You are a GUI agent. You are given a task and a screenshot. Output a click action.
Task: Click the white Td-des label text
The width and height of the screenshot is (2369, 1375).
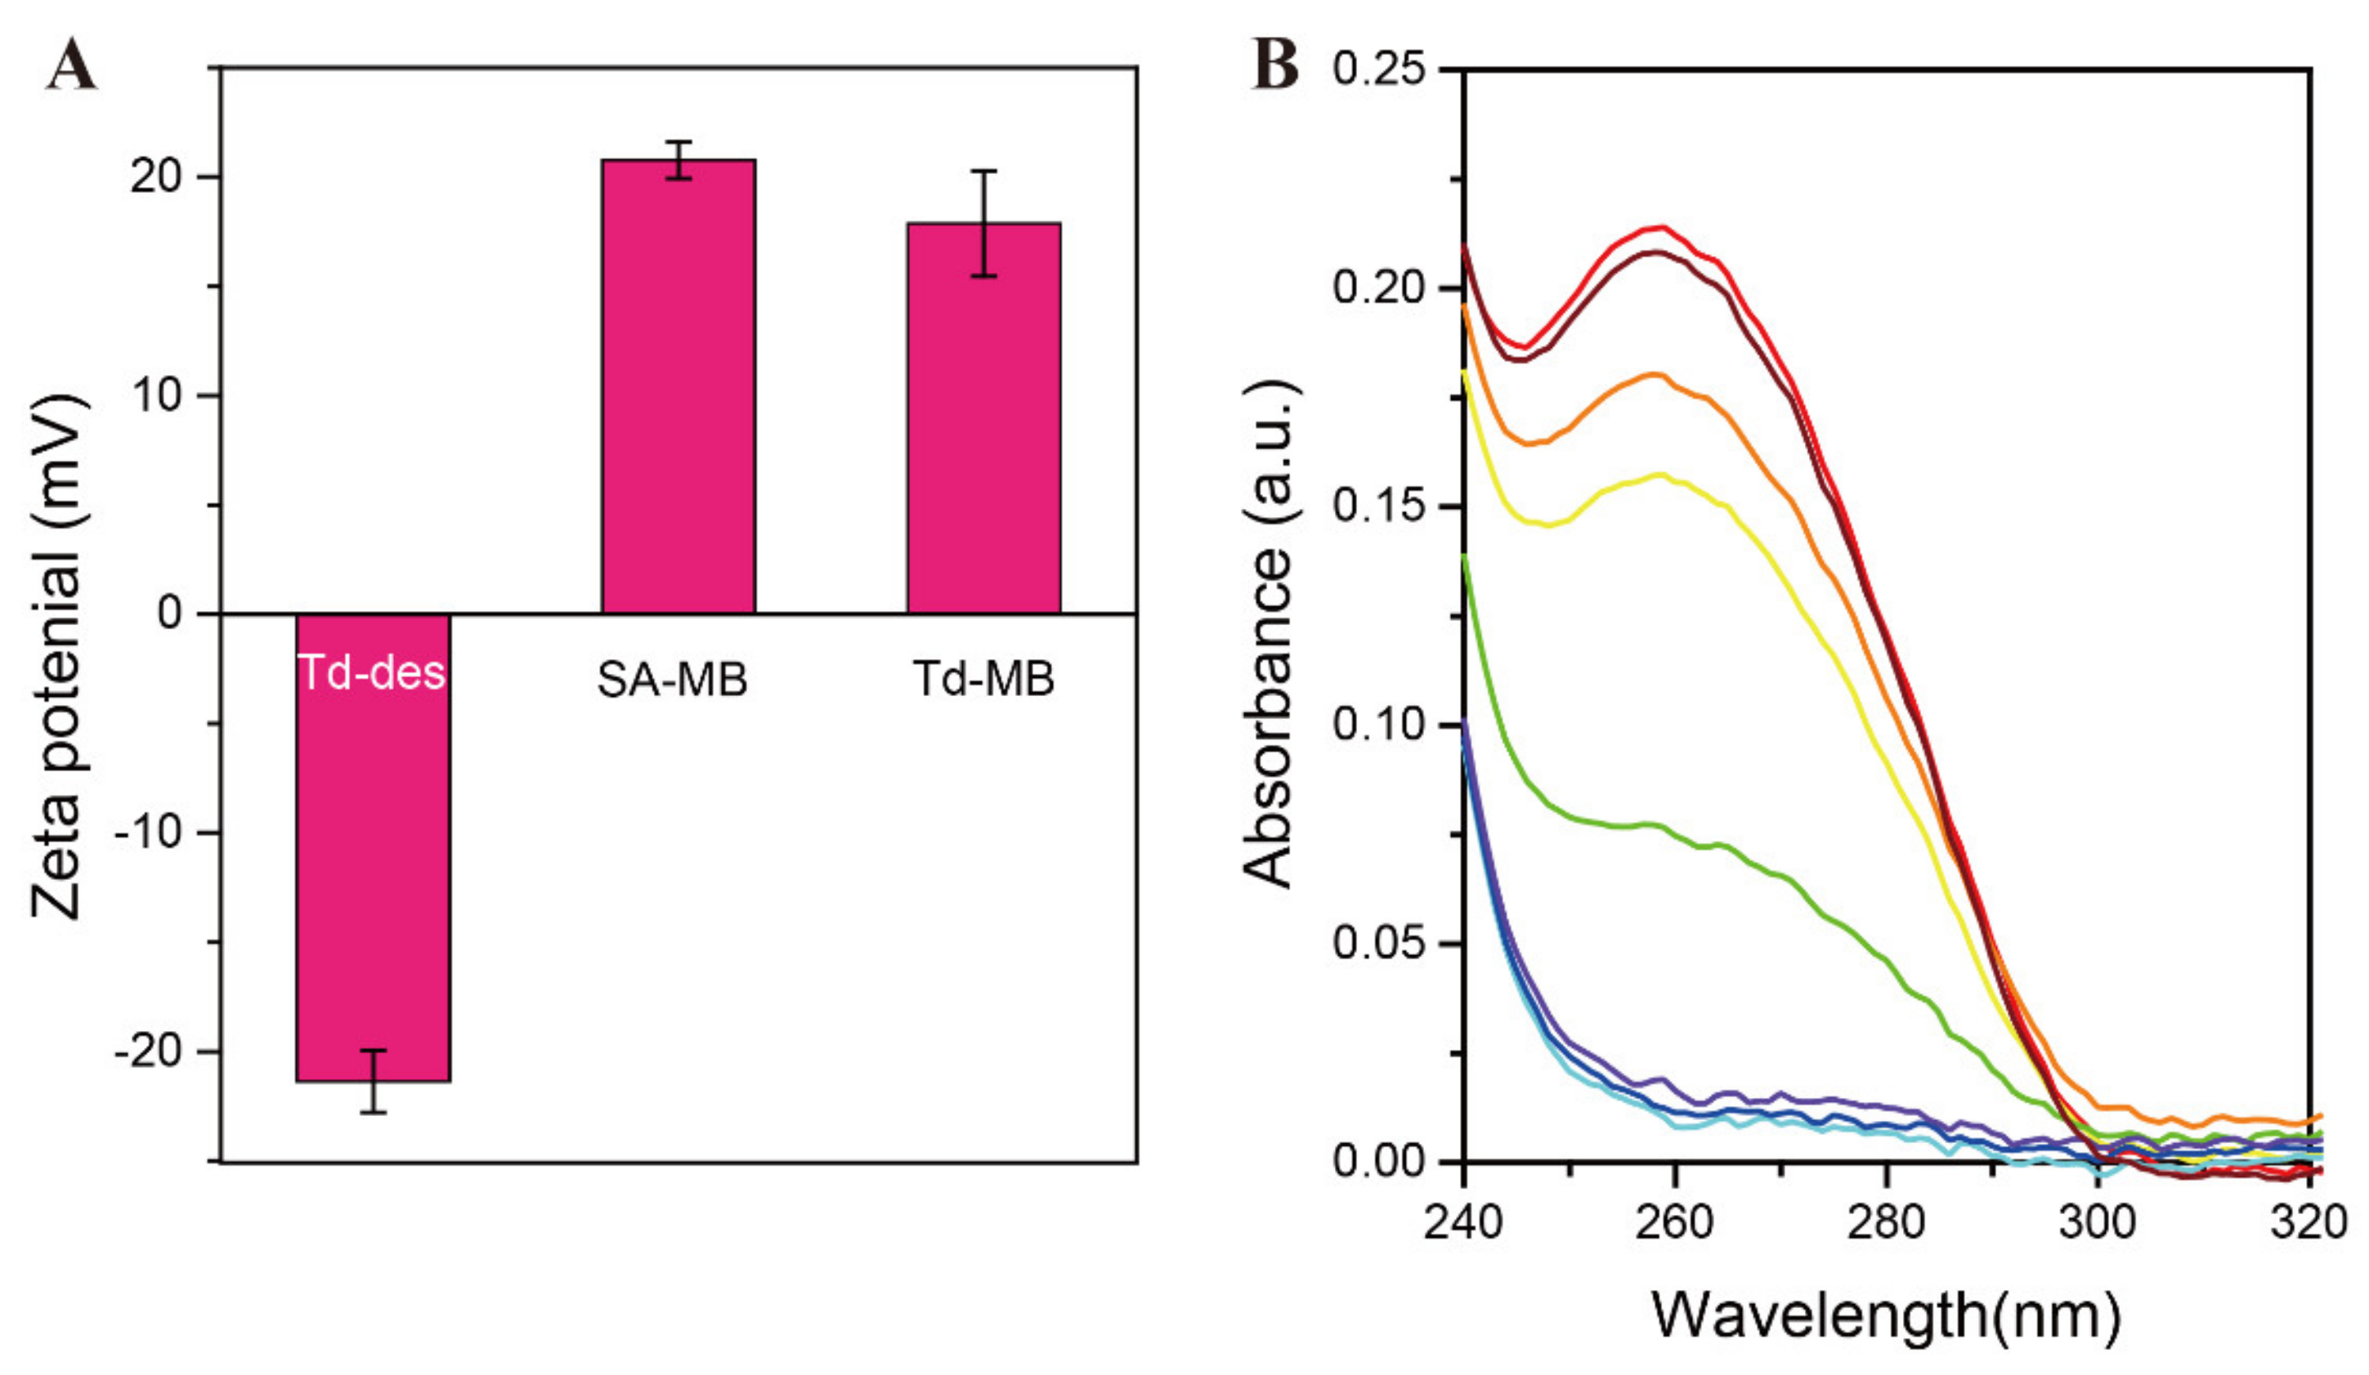371,673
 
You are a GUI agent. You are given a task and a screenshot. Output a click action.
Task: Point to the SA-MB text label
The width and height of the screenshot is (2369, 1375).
672,680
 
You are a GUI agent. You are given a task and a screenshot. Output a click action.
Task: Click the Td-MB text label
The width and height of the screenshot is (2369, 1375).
983,679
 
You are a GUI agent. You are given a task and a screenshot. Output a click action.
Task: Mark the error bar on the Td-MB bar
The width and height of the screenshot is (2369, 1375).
983,224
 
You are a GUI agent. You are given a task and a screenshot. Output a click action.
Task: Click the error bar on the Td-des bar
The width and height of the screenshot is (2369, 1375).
374,1081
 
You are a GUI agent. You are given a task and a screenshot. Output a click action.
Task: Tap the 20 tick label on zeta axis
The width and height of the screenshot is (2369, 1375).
156,176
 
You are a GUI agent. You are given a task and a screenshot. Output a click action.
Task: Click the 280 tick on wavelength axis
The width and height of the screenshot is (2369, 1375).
1885,1221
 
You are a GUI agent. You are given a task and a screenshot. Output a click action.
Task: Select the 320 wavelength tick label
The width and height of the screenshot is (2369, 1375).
2311,1221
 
